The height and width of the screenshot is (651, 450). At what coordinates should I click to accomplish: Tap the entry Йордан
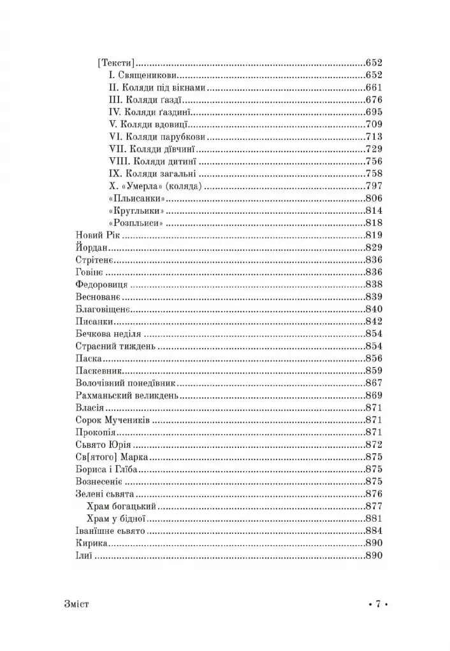point(93,248)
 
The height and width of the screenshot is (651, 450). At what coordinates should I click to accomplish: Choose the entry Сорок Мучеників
point(112,420)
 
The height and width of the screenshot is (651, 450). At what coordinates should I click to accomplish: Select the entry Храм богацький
point(120,506)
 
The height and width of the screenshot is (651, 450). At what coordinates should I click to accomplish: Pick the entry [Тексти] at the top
point(115,63)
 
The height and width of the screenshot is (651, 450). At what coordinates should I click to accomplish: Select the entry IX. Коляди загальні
point(151,174)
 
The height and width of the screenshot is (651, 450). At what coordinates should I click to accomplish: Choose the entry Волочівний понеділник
point(125,383)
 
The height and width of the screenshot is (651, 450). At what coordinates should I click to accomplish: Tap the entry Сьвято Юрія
point(103,444)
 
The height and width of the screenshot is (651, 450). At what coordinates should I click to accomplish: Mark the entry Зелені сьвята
point(103,494)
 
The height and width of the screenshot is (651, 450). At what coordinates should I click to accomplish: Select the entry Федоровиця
point(101,284)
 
